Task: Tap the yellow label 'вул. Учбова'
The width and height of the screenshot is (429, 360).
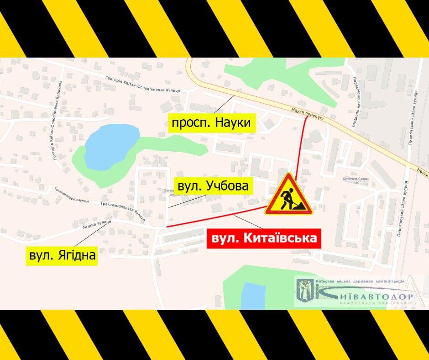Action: click(x=213, y=186)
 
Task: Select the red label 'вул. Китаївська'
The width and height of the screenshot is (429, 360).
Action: click(x=262, y=238)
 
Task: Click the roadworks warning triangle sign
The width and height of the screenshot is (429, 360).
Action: click(x=289, y=194)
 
